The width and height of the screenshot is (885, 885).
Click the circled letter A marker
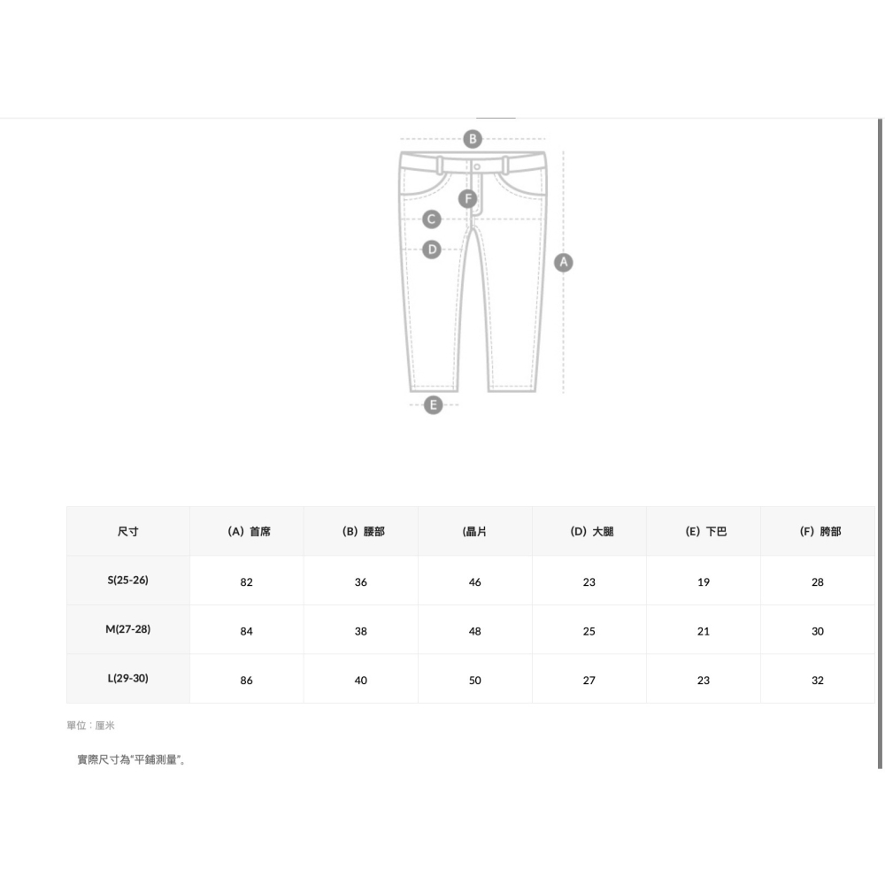[563, 263]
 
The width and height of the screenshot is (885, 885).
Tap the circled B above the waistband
[473, 139]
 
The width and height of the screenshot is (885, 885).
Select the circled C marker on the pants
[432, 219]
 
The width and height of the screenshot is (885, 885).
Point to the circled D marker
[432, 249]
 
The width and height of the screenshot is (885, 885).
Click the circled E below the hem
[433, 404]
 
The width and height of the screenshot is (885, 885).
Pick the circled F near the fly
[467, 198]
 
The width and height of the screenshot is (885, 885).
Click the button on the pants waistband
[477, 166]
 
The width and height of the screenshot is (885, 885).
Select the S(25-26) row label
[128, 581]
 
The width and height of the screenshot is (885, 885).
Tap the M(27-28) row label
[128, 629]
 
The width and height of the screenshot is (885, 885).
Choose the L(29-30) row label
[128, 679]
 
